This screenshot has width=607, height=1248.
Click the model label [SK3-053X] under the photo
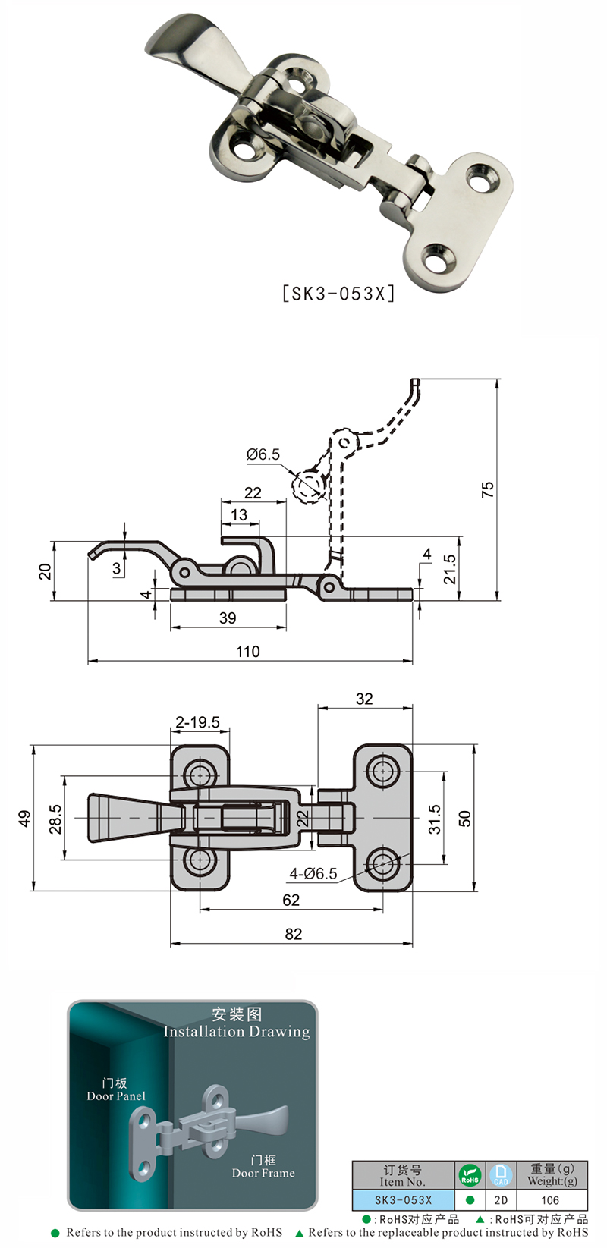click(338, 293)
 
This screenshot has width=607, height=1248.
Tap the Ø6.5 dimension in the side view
click(263, 454)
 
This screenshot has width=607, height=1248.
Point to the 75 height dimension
click(487, 489)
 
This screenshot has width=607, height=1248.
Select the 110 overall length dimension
click(248, 652)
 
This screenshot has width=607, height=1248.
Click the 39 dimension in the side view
click(228, 618)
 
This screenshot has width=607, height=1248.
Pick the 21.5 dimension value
click(450, 569)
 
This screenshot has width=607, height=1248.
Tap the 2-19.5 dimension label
click(198, 722)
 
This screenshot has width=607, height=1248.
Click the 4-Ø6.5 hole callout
click(313, 874)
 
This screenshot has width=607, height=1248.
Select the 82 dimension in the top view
click(293, 935)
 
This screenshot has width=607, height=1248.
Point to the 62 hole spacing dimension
click(291, 901)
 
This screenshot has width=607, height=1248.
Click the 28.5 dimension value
click(55, 819)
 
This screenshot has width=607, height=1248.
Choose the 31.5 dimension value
click(434, 819)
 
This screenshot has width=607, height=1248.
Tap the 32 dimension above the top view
click(364, 699)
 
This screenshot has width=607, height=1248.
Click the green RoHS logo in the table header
click(470, 1175)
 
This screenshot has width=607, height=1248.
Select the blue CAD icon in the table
click(501, 1175)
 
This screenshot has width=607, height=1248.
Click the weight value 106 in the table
click(550, 1200)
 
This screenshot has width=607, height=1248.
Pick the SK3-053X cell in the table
click(403, 1200)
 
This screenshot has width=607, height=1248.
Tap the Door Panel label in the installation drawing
click(116, 1096)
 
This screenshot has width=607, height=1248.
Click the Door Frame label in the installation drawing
click(263, 1173)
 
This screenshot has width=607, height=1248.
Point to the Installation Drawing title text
click(237, 1032)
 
